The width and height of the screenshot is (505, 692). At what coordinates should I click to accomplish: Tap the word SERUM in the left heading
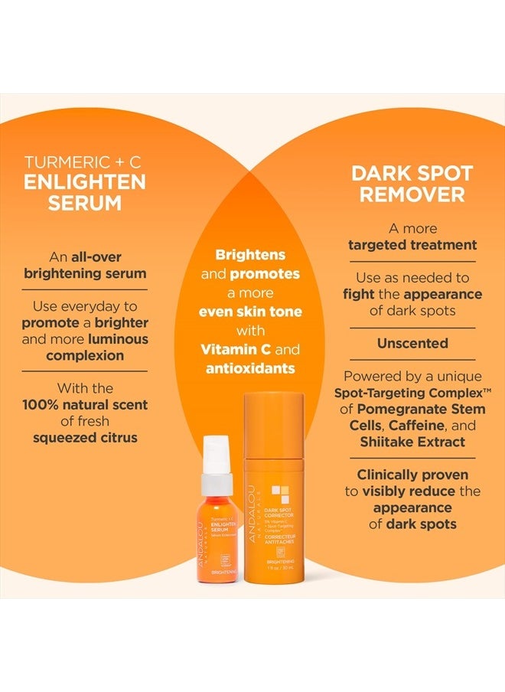click(85, 204)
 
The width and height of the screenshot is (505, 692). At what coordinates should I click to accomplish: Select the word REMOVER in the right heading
click(412, 194)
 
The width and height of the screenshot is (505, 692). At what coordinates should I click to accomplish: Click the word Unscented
click(412, 344)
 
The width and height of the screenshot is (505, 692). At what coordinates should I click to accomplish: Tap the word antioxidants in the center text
click(251, 368)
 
